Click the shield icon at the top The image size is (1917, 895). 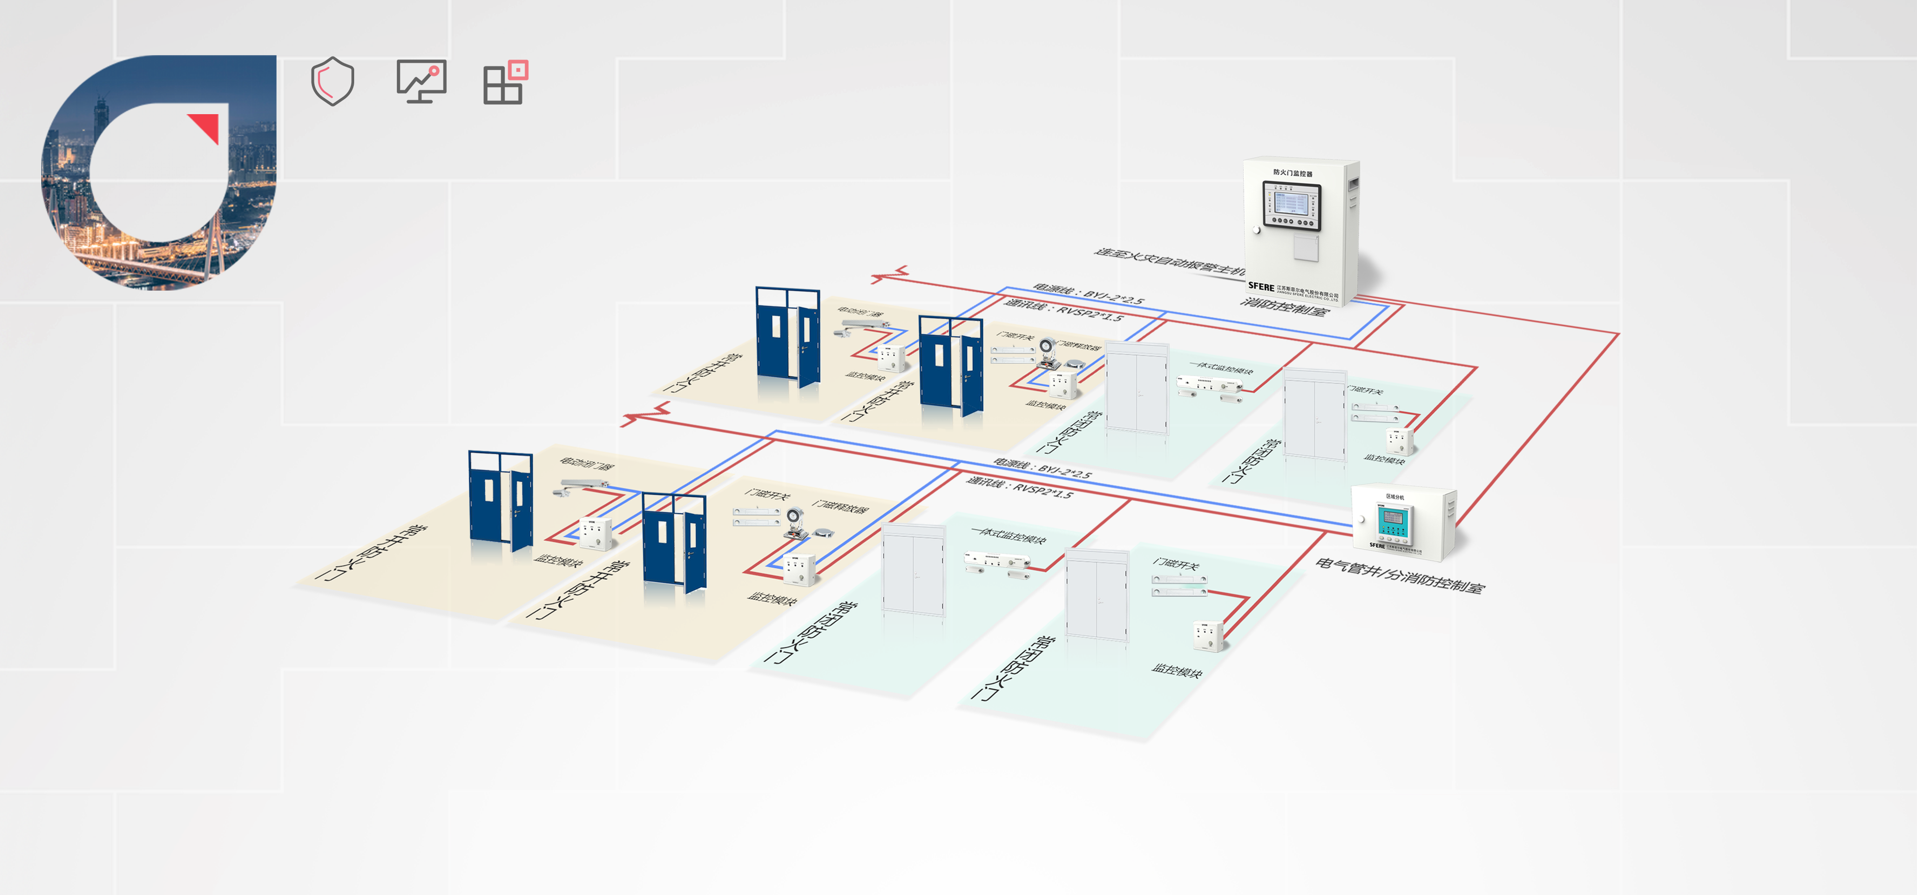tap(332, 81)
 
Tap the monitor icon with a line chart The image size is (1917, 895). tap(421, 81)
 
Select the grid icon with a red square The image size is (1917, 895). tap(505, 82)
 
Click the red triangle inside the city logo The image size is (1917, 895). tap(206, 126)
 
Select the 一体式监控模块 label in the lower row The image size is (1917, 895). tap(1008, 535)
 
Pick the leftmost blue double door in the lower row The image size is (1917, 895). tap(500, 498)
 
